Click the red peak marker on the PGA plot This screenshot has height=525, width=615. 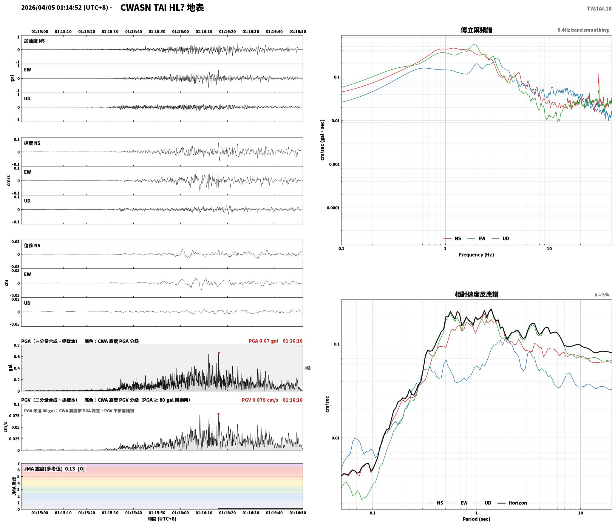coord(219,353)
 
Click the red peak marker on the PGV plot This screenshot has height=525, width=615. coord(219,414)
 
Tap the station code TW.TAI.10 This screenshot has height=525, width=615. coord(599,9)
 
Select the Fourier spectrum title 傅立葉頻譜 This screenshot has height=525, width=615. coord(476,30)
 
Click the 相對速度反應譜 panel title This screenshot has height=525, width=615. coord(476,294)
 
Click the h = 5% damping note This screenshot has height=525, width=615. coord(602,295)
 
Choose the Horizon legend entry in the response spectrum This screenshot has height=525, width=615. coord(512,503)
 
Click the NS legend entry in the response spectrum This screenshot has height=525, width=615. coord(435,503)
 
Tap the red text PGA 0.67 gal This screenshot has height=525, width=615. coord(263,341)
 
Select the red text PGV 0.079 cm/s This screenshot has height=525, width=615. coord(260,400)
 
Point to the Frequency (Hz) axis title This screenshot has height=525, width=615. coord(476,254)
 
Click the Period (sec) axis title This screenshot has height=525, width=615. coord(476,519)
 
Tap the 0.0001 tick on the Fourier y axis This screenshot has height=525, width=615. coord(333,208)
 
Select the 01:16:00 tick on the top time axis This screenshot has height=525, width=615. coord(180,31)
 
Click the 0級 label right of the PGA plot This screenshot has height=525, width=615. coord(307,368)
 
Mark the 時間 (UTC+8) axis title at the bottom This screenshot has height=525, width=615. coord(162,519)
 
